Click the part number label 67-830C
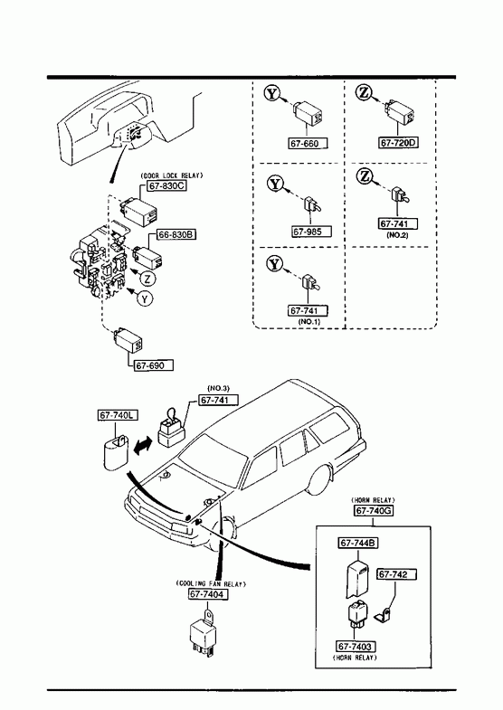coord(167,185)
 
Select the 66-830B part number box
coord(176,234)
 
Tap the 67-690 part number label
coord(154,365)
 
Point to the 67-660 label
coord(308,144)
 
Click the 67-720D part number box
coord(398,143)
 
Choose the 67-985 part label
coord(311,232)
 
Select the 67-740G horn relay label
coord(374,511)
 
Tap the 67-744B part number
coord(358,543)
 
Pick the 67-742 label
coord(396,574)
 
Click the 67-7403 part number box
coord(356,647)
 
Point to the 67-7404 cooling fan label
coord(208,594)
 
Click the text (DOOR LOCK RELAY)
coord(172,175)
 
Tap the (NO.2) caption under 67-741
coord(397,235)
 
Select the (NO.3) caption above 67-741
coord(219,388)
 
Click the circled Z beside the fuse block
coord(147,278)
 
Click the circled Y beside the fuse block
coord(145,298)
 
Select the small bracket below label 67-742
coord(383,615)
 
